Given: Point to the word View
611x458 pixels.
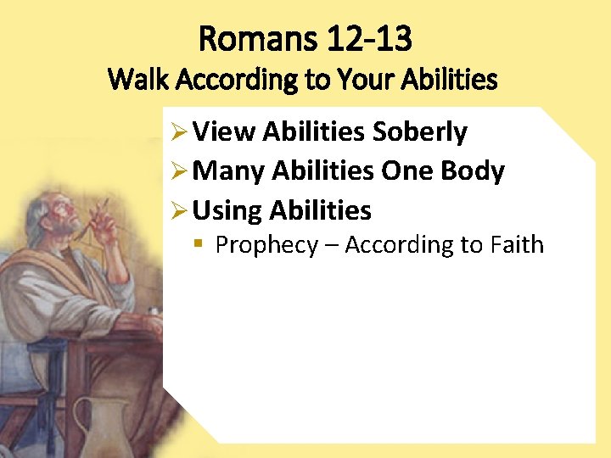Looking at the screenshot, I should click(x=224, y=132).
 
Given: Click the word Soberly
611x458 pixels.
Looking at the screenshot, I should click(x=419, y=132).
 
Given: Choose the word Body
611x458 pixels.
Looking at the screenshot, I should click(x=472, y=171).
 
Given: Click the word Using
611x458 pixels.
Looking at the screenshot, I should click(x=227, y=210).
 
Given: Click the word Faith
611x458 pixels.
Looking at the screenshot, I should click(x=517, y=245).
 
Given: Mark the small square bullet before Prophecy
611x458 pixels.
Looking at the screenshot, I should click(x=198, y=244).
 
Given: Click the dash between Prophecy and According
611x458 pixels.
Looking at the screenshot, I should click(x=331, y=246).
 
